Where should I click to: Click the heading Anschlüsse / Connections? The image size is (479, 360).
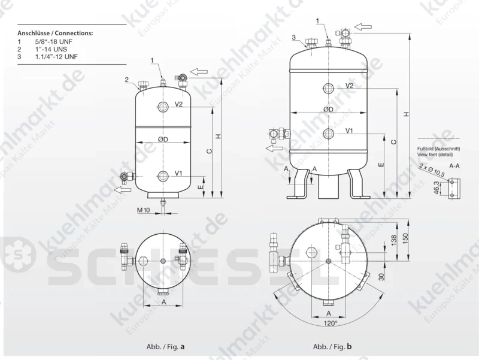(55, 33)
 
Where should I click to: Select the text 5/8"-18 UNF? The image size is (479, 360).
(54, 42)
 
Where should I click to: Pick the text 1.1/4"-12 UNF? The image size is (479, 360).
(56, 56)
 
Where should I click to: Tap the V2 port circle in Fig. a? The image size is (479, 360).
(163, 107)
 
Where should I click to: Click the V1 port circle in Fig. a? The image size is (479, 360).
(163, 176)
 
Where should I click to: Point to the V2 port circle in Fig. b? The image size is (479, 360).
(329, 88)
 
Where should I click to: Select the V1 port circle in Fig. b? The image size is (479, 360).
(329, 134)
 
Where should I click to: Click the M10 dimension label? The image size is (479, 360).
(143, 210)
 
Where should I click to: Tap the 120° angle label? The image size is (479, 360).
(329, 323)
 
